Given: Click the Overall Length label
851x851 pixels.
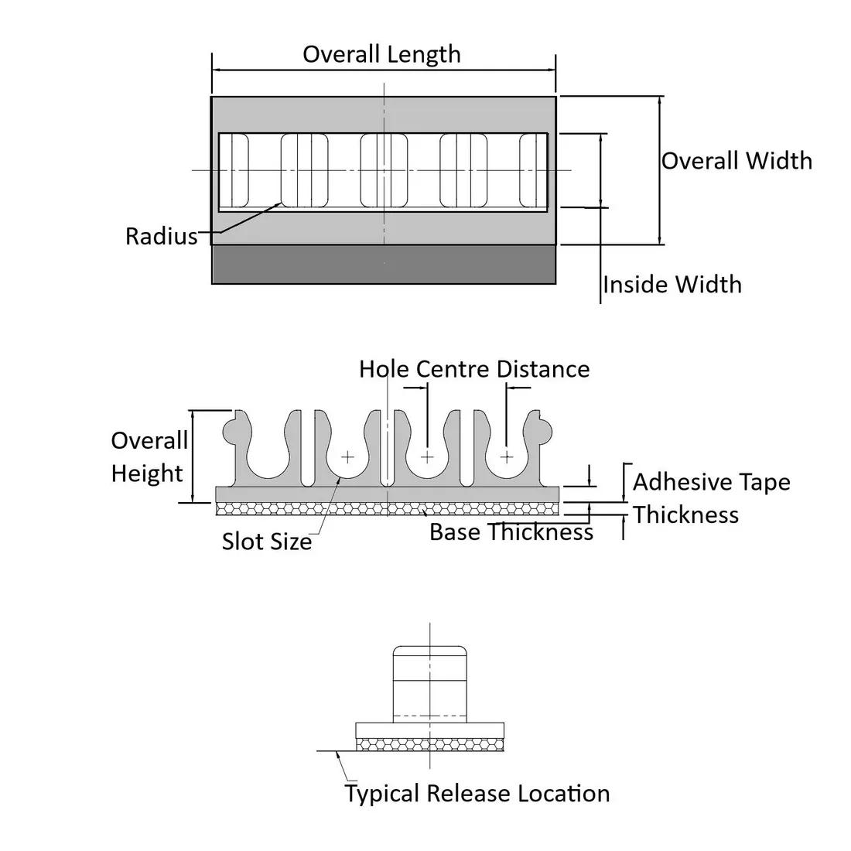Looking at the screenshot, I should tap(381, 54).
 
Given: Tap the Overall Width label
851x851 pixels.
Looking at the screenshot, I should tap(737, 161).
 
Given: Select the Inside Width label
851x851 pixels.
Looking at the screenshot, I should tap(672, 285).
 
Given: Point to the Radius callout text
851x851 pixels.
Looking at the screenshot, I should tap(162, 236).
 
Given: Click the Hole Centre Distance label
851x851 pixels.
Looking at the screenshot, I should tap(473, 369).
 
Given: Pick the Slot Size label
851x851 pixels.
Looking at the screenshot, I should tap(266, 541).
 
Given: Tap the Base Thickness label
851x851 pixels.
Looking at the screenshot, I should tap(511, 532).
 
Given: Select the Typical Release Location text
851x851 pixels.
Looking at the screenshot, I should tap(477, 794).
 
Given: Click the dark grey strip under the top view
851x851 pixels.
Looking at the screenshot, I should tap(384, 265).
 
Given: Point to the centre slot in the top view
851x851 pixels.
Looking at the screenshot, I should tap(384, 170).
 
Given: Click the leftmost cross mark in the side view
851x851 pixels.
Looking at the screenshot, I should tap(347, 457).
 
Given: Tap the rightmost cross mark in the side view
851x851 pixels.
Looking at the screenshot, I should tap(506, 457).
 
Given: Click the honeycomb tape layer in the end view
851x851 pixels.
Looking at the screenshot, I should tap(429, 743).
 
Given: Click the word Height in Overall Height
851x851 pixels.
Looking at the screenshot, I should tap(147, 473).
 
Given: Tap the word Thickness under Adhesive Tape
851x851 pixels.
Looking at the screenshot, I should tap(685, 515).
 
